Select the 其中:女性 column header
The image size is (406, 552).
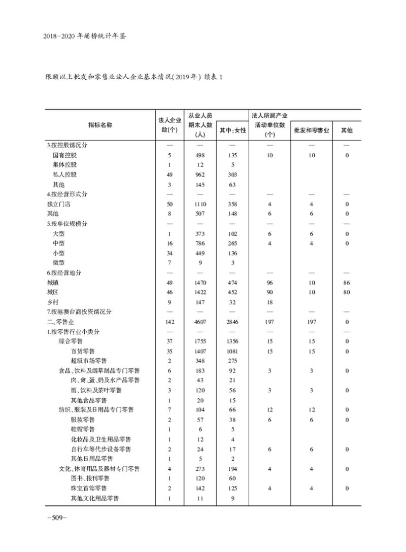coord(232,130)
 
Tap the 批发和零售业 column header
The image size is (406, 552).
coord(312,130)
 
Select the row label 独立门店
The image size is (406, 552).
coord(58,204)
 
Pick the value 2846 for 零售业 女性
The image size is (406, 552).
coord(232,322)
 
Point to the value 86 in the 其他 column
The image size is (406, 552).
coord(347,283)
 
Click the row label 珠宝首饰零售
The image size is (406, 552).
coord(89,489)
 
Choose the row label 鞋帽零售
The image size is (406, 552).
coord(83,430)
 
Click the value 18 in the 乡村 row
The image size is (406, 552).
coord(269,302)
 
